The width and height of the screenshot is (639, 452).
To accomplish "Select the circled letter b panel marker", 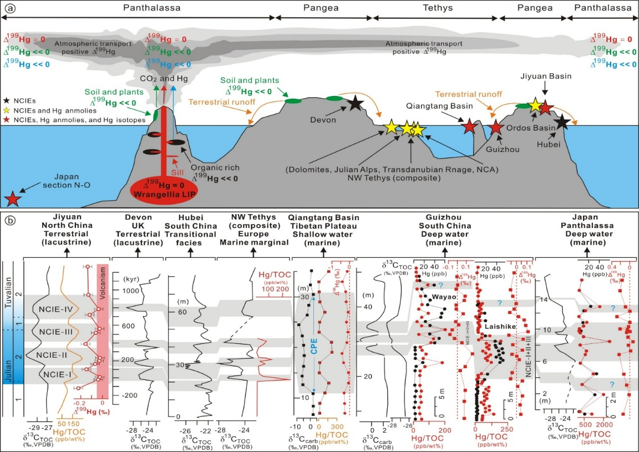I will coord(10,220).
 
